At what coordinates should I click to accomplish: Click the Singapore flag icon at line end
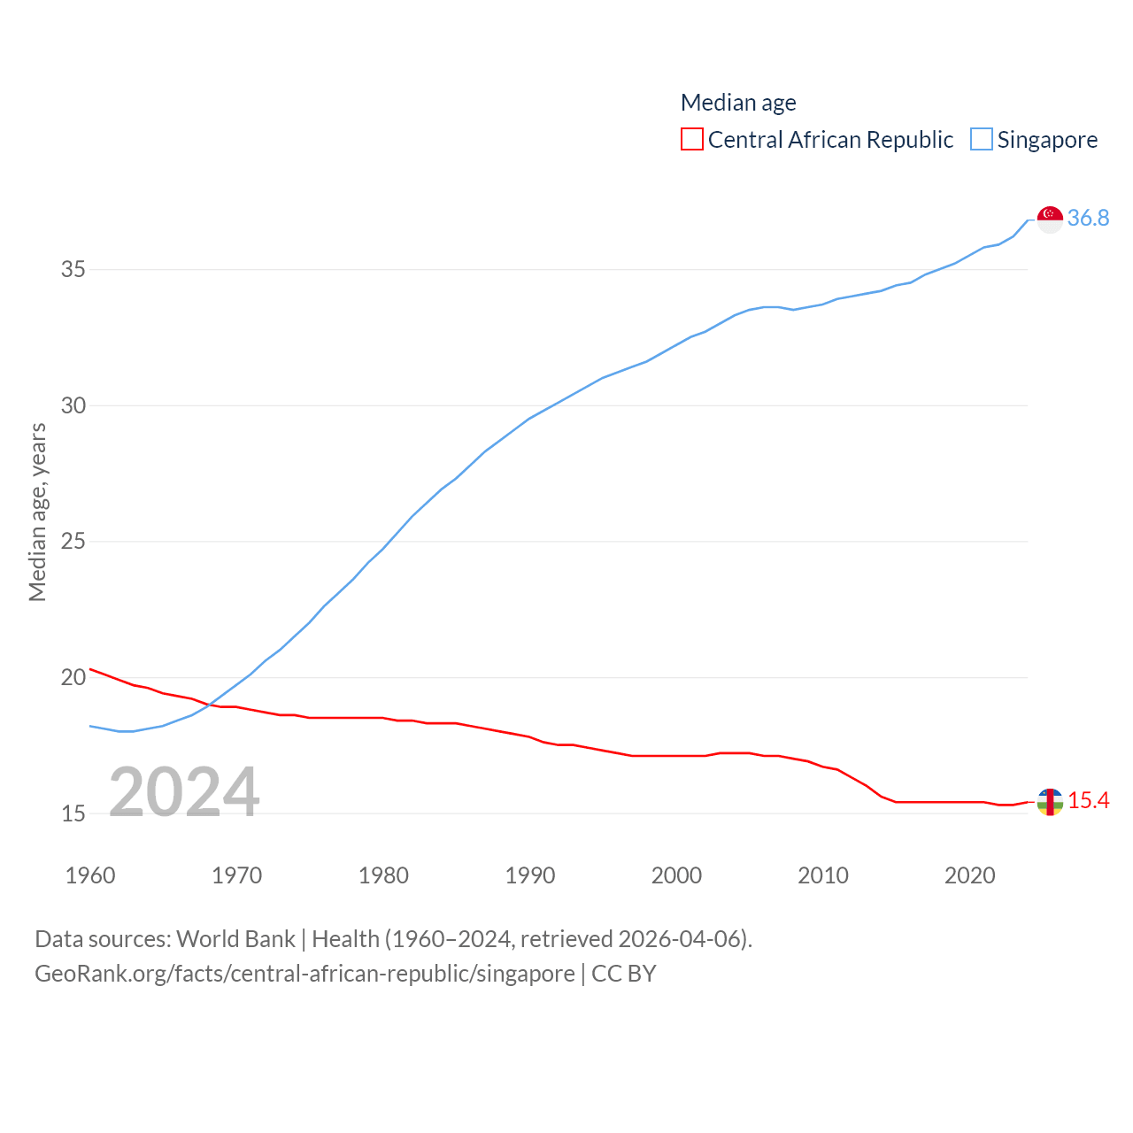tap(1050, 219)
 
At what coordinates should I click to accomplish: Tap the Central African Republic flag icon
tap(1050, 802)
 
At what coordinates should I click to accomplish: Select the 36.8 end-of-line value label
tap(1088, 218)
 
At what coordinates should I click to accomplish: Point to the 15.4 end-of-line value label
tap(1088, 800)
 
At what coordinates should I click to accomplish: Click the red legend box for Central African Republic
tap(692, 140)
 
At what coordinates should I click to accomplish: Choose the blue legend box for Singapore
tap(982, 140)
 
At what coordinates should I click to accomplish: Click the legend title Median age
tap(738, 103)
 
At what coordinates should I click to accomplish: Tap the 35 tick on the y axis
tap(73, 269)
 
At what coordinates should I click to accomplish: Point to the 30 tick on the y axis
tap(73, 405)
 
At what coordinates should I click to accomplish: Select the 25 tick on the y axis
tap(73, 541)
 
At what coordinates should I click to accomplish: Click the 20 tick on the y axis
tap(73, 677)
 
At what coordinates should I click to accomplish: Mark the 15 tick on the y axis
tap(73, 813)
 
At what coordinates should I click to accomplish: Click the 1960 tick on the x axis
tap(90, 875)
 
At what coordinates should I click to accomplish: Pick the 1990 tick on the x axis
tap(530, 875)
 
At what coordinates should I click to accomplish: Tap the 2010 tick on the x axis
tap(823, 875)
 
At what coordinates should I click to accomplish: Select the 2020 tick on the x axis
tap(970, 875)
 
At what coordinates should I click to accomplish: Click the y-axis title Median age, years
tap(37, 513)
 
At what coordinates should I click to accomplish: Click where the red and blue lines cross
tap(210, 705)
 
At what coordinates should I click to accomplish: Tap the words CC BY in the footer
tap(624, 974)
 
